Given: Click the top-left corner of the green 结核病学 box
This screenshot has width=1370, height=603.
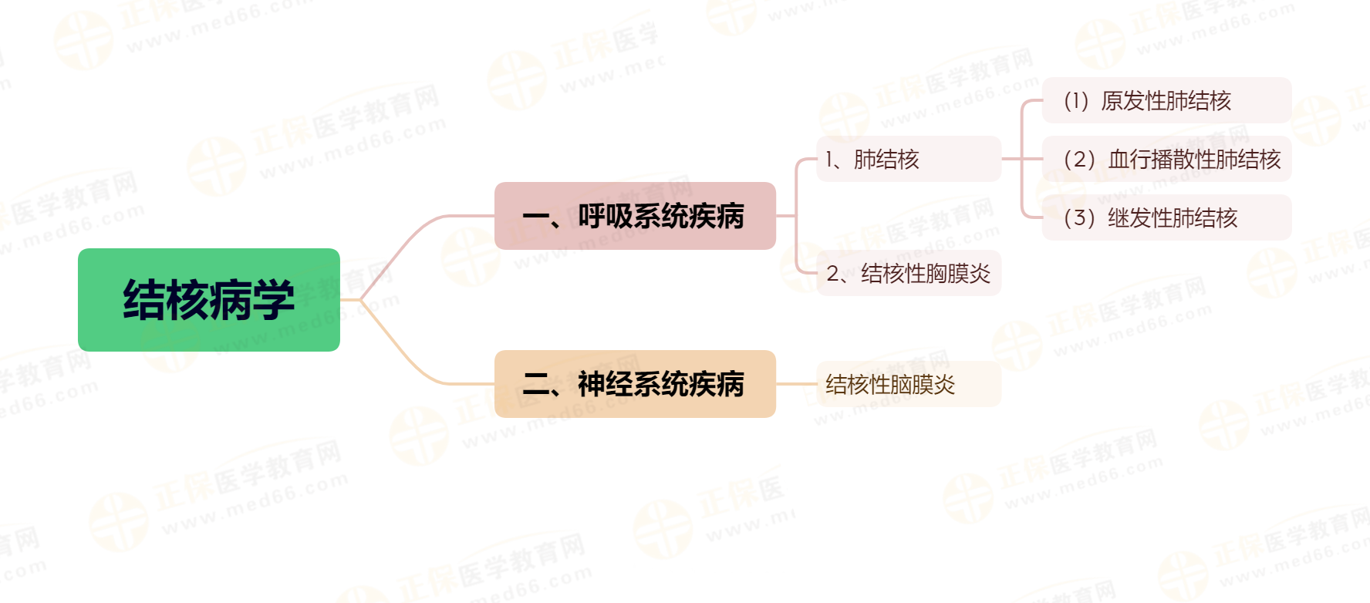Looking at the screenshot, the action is pos(79,249).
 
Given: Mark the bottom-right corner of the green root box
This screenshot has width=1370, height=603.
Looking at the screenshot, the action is pos(339,351).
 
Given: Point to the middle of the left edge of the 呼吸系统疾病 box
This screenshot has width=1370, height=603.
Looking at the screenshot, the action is pos(495,216).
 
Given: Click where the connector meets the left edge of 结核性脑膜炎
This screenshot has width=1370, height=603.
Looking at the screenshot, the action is pos(817,384).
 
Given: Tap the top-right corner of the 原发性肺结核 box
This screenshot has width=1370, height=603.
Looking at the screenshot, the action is pos(1291,78).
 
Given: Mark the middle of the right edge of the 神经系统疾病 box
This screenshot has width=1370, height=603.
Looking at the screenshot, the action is pos(775,384).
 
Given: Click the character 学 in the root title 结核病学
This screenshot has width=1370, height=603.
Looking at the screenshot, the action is pos(273,300).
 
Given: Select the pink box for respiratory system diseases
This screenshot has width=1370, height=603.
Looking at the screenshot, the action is pos(635,216).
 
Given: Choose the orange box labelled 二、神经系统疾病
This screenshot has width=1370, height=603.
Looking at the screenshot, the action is pos(635,384).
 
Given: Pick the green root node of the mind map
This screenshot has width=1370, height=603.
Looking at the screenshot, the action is pos(209,300).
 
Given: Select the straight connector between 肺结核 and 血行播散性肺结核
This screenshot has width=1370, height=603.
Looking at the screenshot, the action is pos(1021,159).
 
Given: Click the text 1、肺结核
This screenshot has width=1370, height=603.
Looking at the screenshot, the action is pos(872,160).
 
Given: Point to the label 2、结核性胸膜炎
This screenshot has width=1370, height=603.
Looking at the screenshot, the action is pos(908,274).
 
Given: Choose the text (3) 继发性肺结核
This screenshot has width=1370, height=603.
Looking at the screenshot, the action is pos(1150,218).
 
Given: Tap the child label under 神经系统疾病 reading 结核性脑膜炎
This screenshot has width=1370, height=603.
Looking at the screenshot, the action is pos(890,385).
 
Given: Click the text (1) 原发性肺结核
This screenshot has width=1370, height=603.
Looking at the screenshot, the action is pos(1147,101).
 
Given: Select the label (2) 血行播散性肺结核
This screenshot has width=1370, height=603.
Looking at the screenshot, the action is pos(1172,160).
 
